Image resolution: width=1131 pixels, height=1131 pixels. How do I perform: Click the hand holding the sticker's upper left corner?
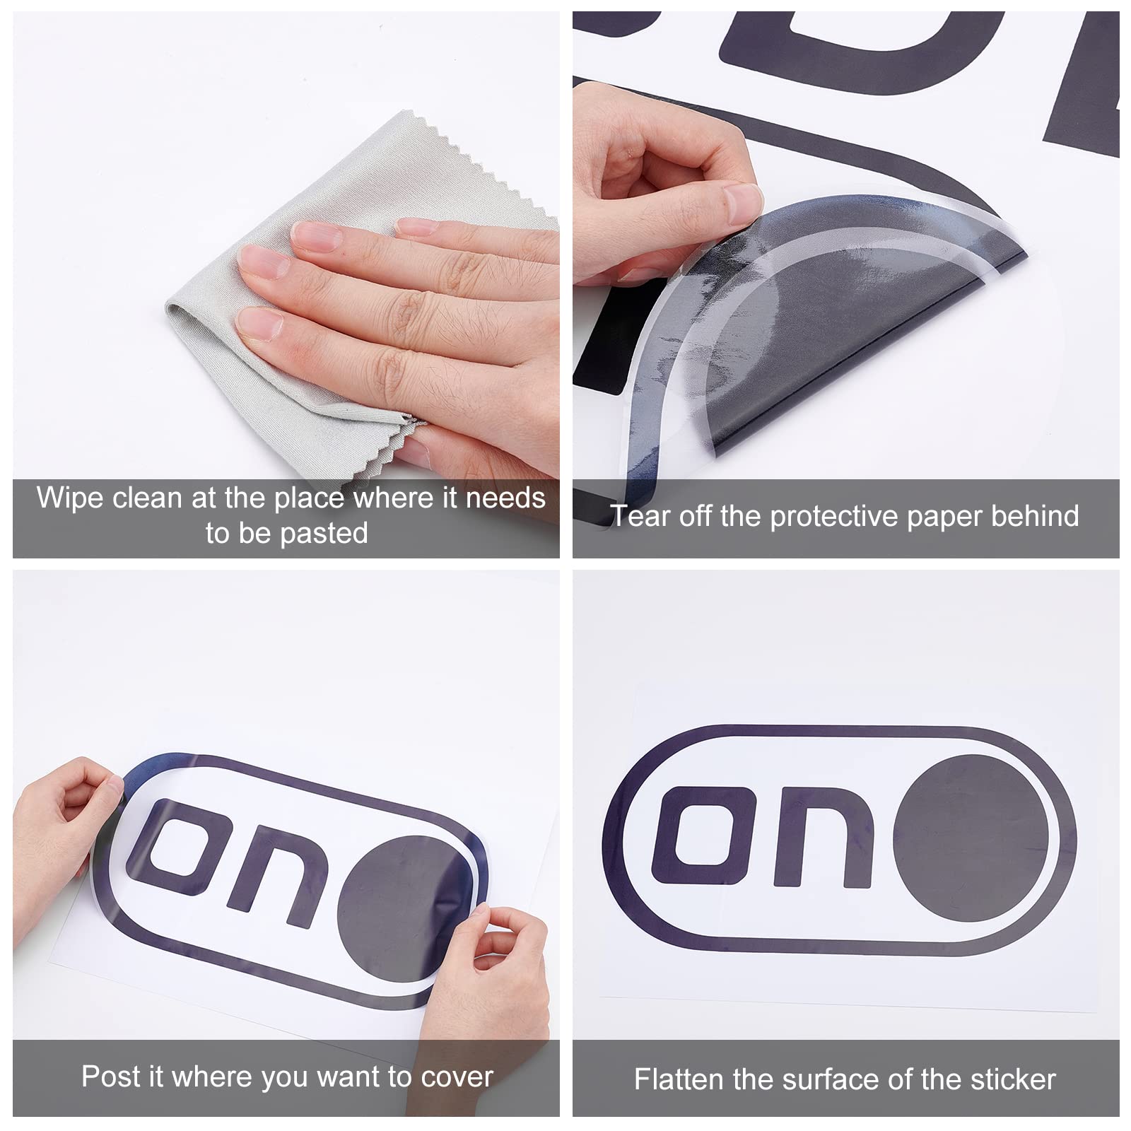pyautogui.click(x=67, y=834)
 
